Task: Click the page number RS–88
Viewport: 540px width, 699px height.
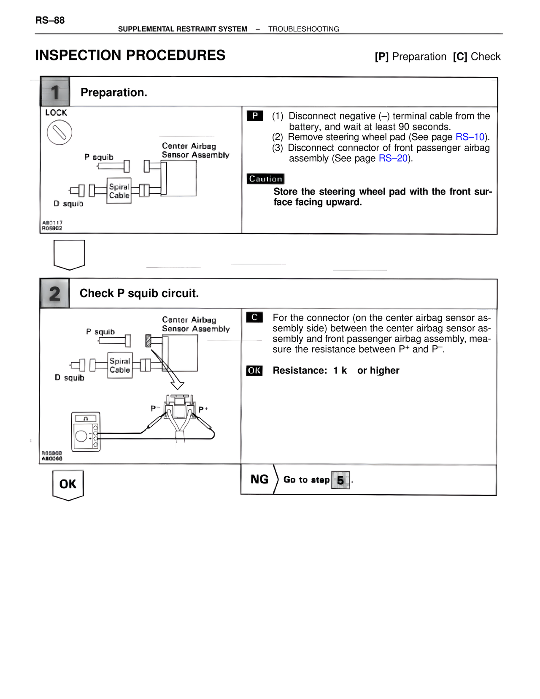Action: pos(50,20)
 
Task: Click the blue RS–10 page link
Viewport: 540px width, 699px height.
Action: pos(470,137)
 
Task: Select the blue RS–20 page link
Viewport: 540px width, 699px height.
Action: pos(393,158)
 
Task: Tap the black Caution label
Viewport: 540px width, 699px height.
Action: pos(265,179)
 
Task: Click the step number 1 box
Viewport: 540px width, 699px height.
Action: pos(55,92)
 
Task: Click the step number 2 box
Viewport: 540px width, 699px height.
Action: pos(55,294)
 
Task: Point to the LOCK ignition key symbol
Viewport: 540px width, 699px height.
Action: pos(59,133)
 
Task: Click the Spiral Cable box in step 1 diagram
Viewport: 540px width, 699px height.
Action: pos(119,191)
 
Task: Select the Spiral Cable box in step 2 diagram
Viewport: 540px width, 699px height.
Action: pos(120,366)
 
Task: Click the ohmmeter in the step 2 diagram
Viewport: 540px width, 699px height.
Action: pos(86,432)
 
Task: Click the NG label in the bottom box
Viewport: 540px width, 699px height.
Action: pos(259,480)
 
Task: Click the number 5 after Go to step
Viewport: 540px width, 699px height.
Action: pos(340,480)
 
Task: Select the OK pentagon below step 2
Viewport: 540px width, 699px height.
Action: pos(68,485)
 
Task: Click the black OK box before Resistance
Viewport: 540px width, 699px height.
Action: pos(254,371)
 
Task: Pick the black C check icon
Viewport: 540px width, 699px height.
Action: pos(254,317)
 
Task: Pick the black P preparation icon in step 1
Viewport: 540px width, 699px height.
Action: pos(255,116)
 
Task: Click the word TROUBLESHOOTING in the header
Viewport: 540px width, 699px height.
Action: pos(303,29)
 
